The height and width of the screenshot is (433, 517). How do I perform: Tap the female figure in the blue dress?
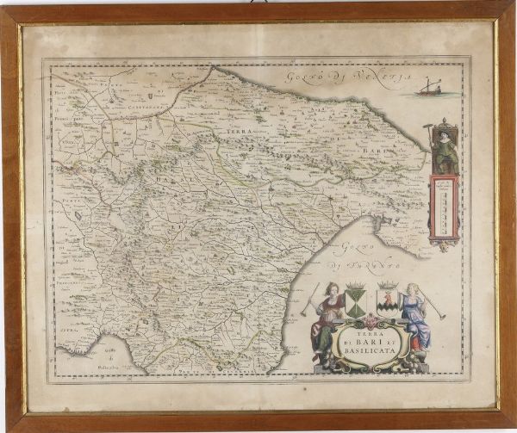416,316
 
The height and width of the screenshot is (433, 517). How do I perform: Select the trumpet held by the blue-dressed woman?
435,306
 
